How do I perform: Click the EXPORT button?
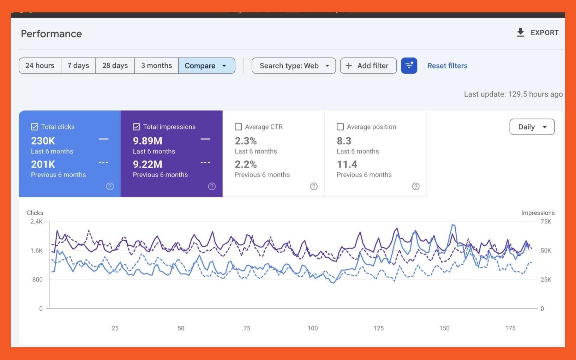(x=538, y=33)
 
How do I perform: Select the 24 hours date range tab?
(x=40, y=66)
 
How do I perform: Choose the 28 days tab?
(x=115, y=66)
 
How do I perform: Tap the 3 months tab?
(x=156, y=66)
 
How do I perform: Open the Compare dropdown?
(x=207, y=66)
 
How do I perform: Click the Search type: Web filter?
(x=294, y=66)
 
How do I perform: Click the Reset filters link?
(x=448, y=66)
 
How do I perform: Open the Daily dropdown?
(x=532, y=127)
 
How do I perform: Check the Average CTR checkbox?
(x=238, y=127)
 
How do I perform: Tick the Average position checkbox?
(x=340, y=127)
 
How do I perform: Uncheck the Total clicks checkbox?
(x=35, y=127)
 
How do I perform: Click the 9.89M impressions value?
(x=148, y=141)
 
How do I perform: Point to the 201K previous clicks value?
(x=43, y=164)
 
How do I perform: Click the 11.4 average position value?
(x=347, y=164)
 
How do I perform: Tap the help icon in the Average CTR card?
(x=314, y=186)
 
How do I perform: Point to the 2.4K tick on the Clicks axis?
(x=36, y=221)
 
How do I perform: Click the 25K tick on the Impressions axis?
(x=546, y=280)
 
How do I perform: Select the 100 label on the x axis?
(x=313, y=328)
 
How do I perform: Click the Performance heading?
(x=52, y=34)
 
